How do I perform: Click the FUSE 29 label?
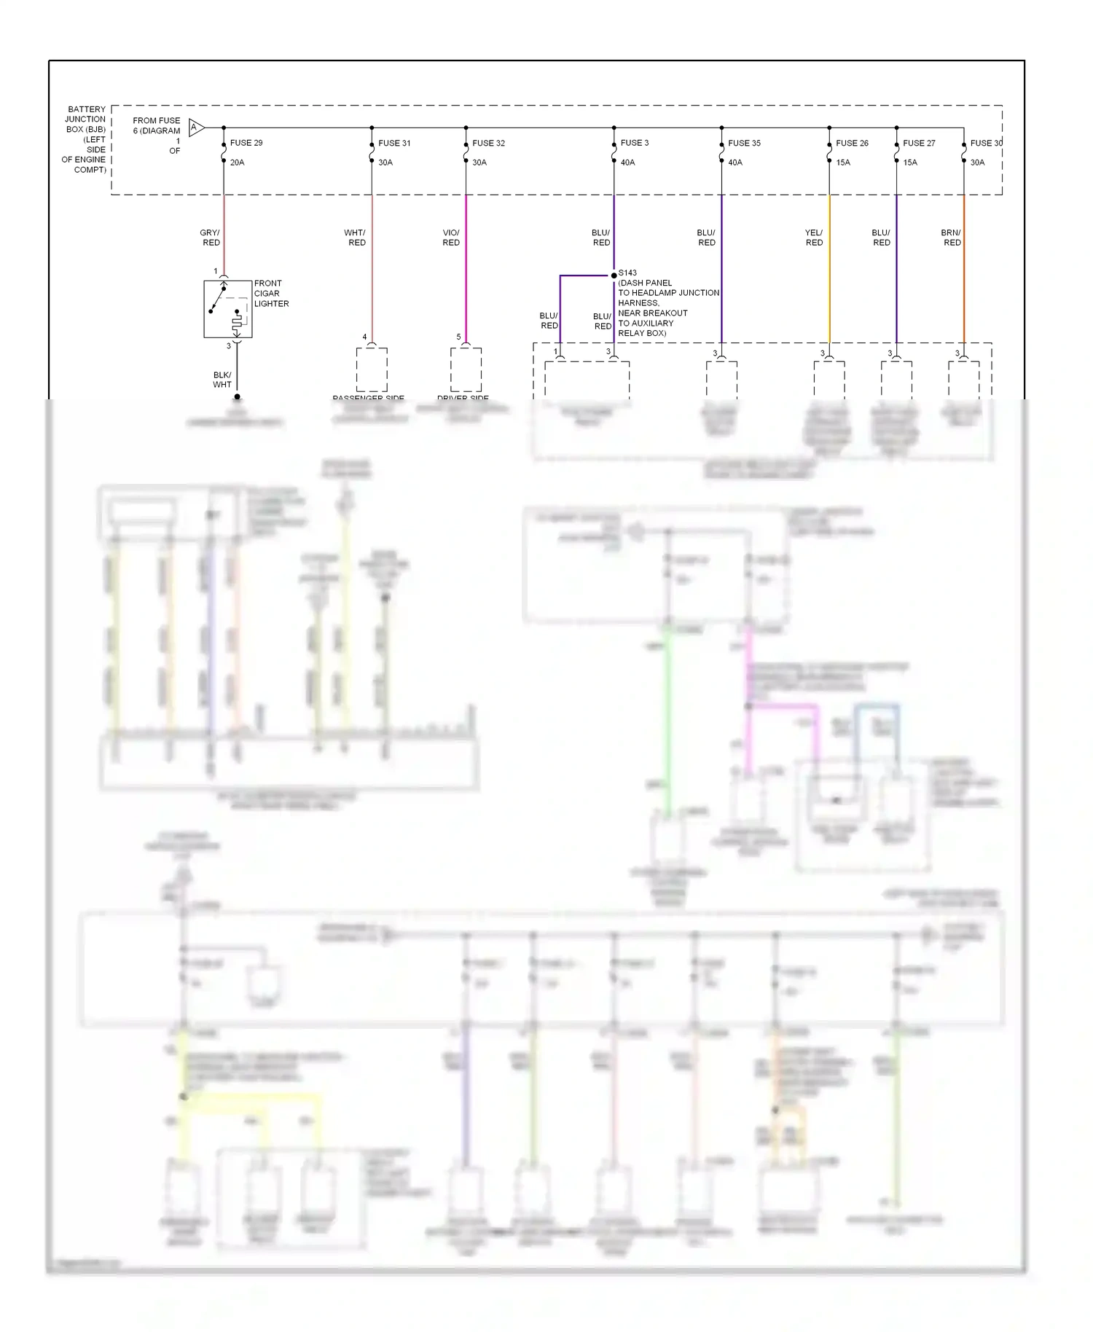tap(246, 143)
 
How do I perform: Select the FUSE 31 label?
tap(394, 143)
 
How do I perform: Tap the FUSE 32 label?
tap(488, 143)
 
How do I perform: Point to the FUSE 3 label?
tap(634, 143)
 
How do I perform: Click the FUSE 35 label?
tap(744, 143)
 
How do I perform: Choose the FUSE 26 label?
tap(852, 143)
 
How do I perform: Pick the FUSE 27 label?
tap(919, 143)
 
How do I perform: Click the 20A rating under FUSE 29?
tap(237, 162)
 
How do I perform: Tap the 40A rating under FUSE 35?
tap(735, 162)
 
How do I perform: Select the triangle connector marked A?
tap(195, 128)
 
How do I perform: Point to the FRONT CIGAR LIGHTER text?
tap(271, 293)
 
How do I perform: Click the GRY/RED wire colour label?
tap(211, 238)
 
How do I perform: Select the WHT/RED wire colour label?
tap(356, 238)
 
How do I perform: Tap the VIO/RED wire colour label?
tap(451, 238)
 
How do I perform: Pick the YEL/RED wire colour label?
tap(814, 238)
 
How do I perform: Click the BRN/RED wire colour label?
tap(951, 238)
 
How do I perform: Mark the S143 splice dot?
tap(614, 275)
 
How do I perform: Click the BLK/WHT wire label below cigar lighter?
tap(222, 380)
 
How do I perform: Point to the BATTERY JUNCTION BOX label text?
tap(85, 138)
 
